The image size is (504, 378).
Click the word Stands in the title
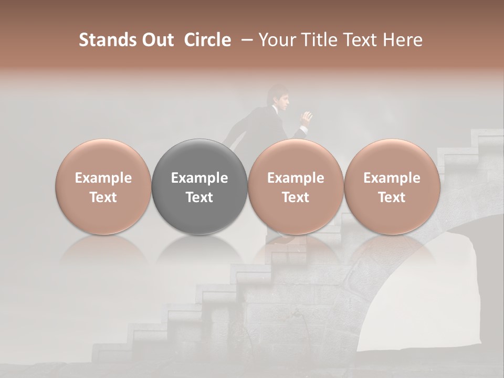(105, 40)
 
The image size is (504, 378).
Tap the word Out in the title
(156, 40)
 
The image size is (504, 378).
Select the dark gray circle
(199, 187)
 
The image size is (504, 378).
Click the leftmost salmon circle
(103, 187)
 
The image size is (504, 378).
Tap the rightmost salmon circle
(392, 187)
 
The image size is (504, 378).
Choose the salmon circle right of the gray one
(296, 187)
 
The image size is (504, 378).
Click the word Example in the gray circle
(199, 178)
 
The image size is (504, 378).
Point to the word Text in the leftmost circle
(103, 197)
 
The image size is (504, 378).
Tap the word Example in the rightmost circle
(392, 178)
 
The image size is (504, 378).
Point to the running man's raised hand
(306, 117)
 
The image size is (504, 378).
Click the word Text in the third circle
(296, 197)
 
